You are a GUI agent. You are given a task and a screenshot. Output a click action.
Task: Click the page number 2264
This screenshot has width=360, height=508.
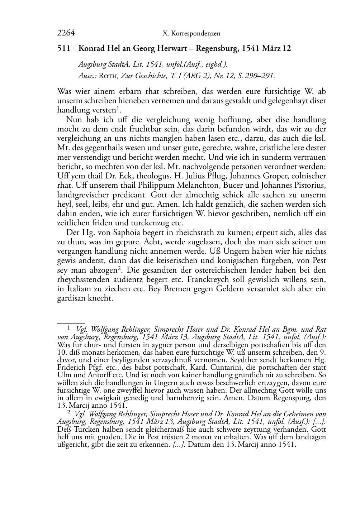coord(66,33)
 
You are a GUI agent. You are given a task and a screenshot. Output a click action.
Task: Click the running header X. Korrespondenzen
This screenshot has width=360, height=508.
coord(191,34)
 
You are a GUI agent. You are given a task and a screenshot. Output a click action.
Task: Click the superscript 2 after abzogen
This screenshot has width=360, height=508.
coord(120,268)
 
